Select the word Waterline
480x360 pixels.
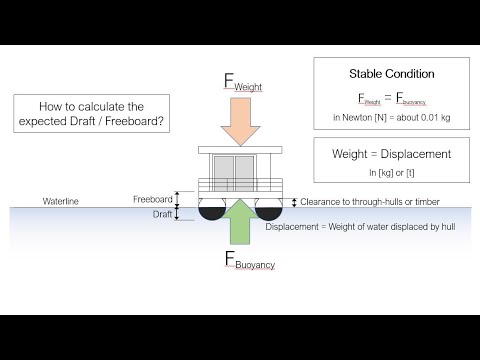pos(60,202)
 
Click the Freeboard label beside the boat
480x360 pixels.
pos(152,198)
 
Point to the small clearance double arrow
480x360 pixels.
pos(293,202)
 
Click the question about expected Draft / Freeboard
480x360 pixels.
pos(90,115)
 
